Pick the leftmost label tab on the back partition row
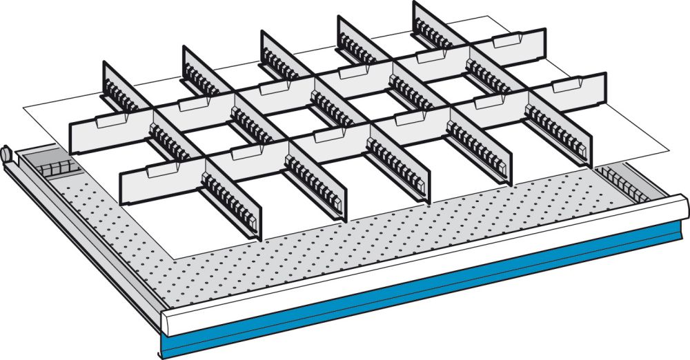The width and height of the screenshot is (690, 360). point(111,121)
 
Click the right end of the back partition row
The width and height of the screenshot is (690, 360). point(543,46)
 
